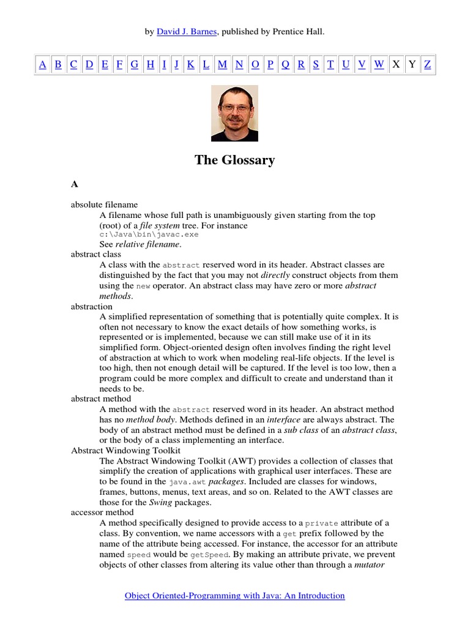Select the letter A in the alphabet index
42,64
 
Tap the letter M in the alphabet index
222,64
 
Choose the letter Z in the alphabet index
427,64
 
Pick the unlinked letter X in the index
396,64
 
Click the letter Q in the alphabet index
285,64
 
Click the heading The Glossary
234,160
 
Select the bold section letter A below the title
75,184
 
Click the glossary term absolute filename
104,205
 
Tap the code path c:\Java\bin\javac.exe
149,235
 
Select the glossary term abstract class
96,254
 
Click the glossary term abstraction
92,306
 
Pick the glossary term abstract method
101,399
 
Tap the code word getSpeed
209,555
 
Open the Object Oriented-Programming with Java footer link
234,595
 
